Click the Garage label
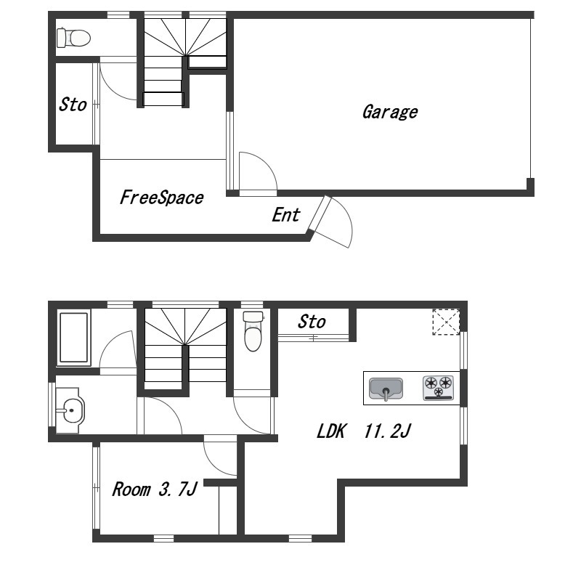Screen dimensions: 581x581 point(390,113)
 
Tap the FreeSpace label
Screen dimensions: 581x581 point(161,198)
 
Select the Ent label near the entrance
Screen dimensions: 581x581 point(285,215)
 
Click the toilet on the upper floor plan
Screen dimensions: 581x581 point(74,38)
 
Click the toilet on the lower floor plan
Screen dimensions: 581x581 point(253,331)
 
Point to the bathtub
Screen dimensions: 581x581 point(74,338)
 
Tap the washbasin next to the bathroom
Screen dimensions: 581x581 point(70,410)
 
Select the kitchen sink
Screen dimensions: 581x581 point(386,389)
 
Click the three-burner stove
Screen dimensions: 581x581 point(439,388)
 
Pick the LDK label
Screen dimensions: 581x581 point(331,431)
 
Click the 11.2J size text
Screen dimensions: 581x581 point(388,431)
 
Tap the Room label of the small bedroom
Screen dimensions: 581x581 point(131,489)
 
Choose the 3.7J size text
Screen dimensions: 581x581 point(178,489)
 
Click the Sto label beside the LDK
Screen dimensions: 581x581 point(312,322)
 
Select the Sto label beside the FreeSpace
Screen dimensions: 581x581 point(73,105)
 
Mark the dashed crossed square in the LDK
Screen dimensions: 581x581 point(446,322)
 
